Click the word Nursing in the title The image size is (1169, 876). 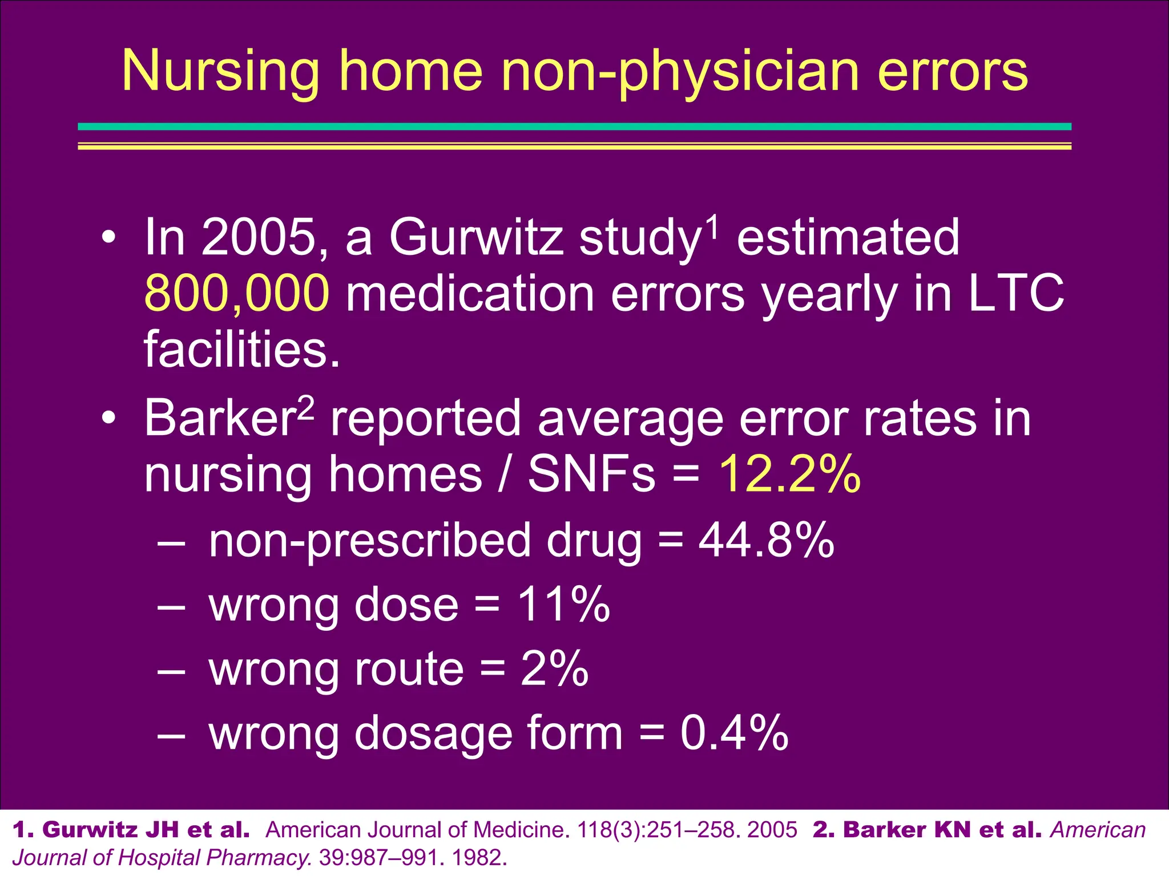pyautogui.click(x=220, y=71)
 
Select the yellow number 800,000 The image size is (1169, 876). pyautogui.click(x=236, y=293)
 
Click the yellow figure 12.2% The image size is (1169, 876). pyautogui.click(x=789, y=474)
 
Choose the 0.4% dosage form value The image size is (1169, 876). pyautogui.click(x=734, y=733)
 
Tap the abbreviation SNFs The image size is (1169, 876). pyautogui.click(x=591, y=474)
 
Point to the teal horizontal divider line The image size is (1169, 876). pyautogui.click(x=574, y=127)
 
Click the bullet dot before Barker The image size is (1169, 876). pyautogui.click(x=108, y=419)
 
